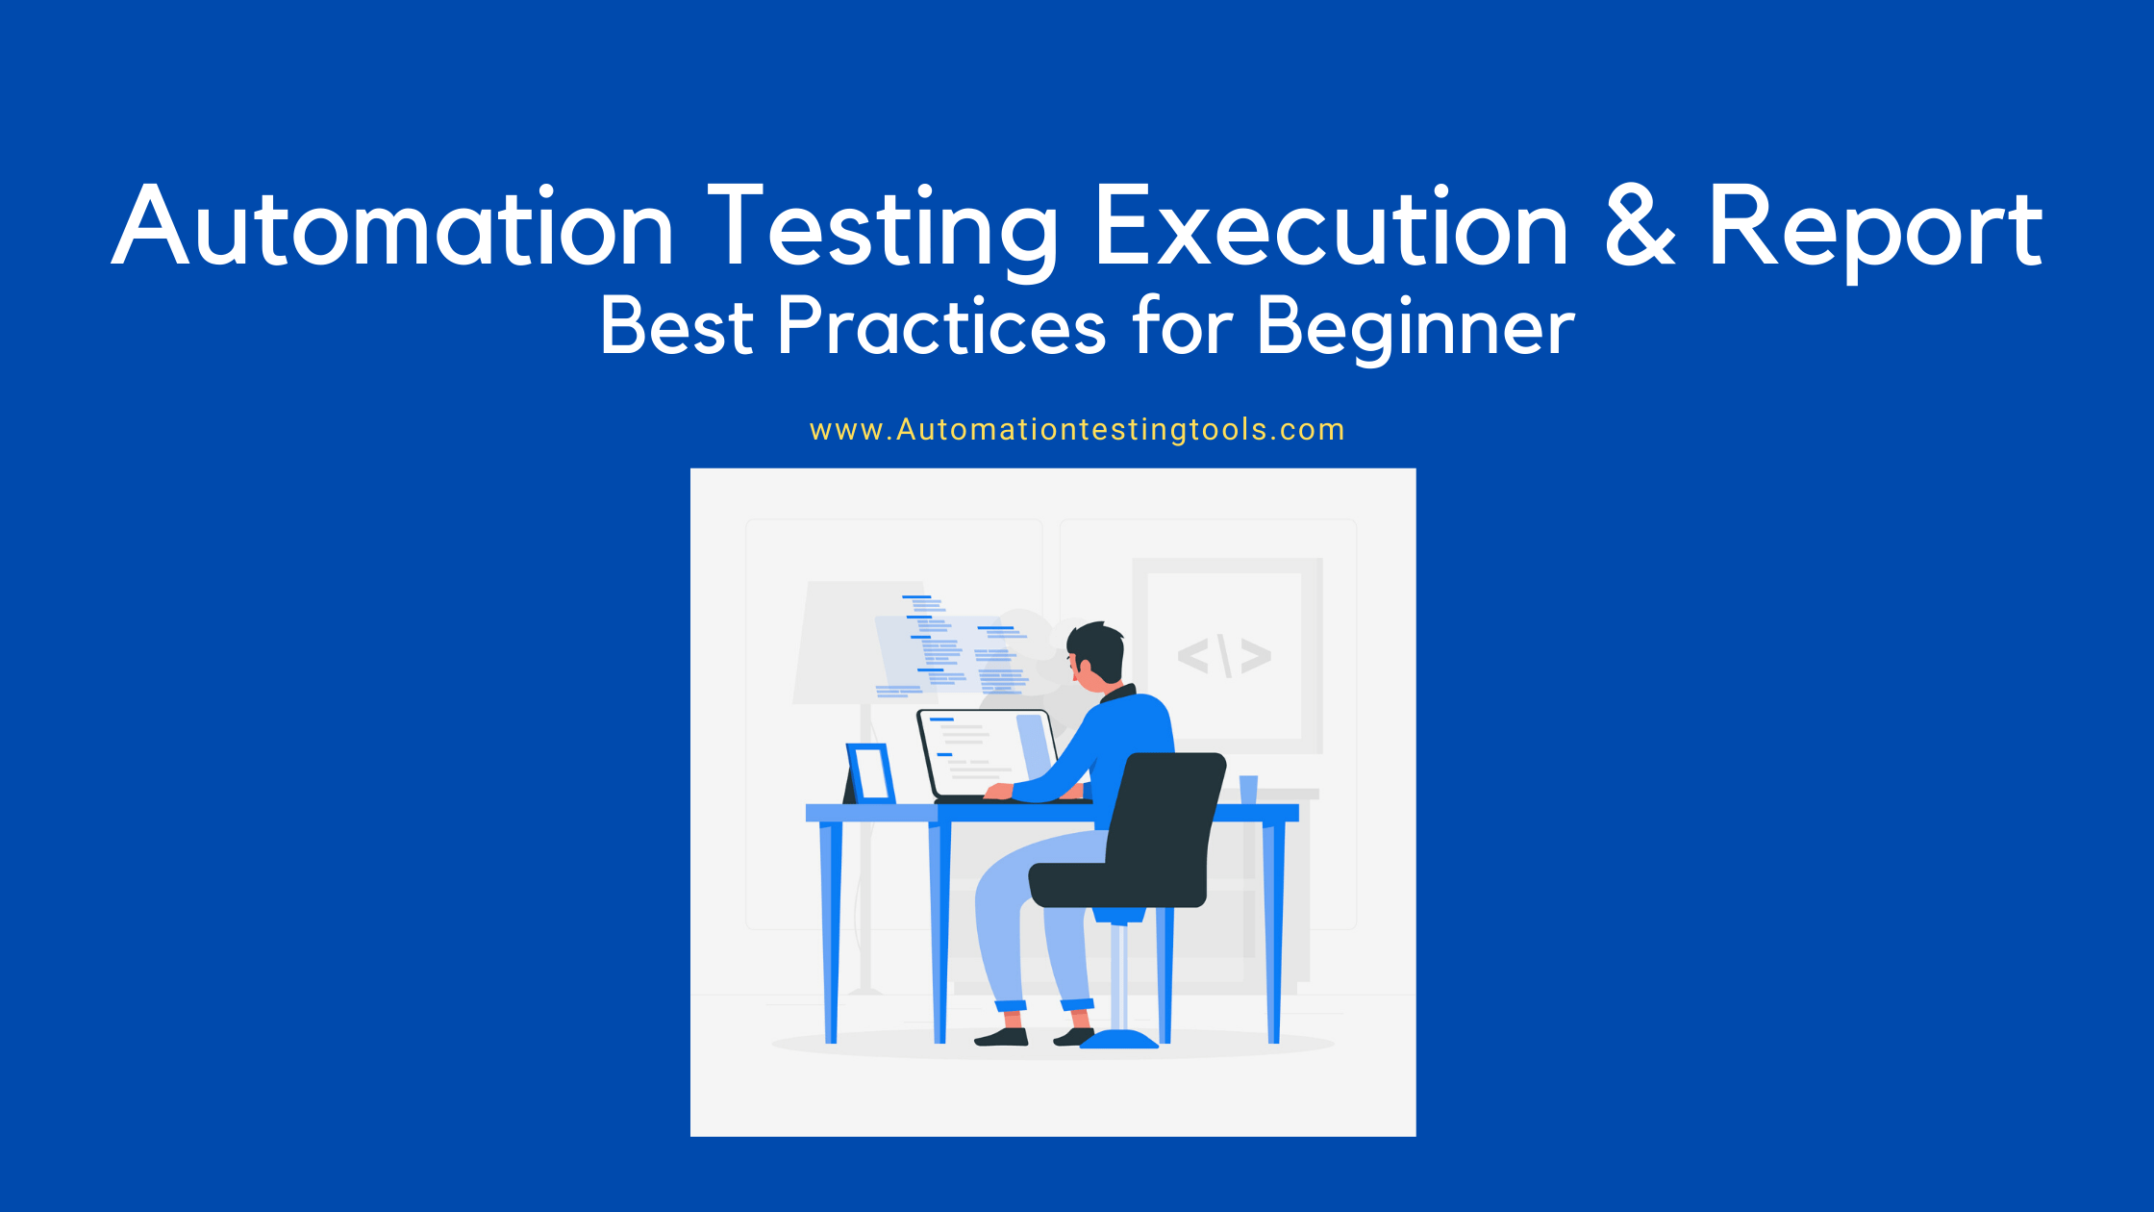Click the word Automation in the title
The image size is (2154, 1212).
tap(392, 227)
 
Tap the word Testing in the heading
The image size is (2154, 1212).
tap(882, 227)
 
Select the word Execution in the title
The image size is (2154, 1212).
tap(1331, 227)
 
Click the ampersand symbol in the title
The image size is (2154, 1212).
tap(1640, 227)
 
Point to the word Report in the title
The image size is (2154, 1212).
tap(1874, 227)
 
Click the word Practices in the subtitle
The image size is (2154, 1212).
tap(941, 327)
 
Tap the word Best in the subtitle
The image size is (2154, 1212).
tap(676, 327)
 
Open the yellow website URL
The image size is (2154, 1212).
tap(1077, 429)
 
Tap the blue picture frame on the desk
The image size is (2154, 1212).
tap(871, 773)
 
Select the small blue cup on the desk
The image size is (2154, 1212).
tap(1248, 789)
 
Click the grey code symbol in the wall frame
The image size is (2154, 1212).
tap(1224, 656)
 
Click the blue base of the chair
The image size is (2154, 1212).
tap(1119, 1040)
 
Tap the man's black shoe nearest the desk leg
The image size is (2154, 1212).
tap(1001, 1037)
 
